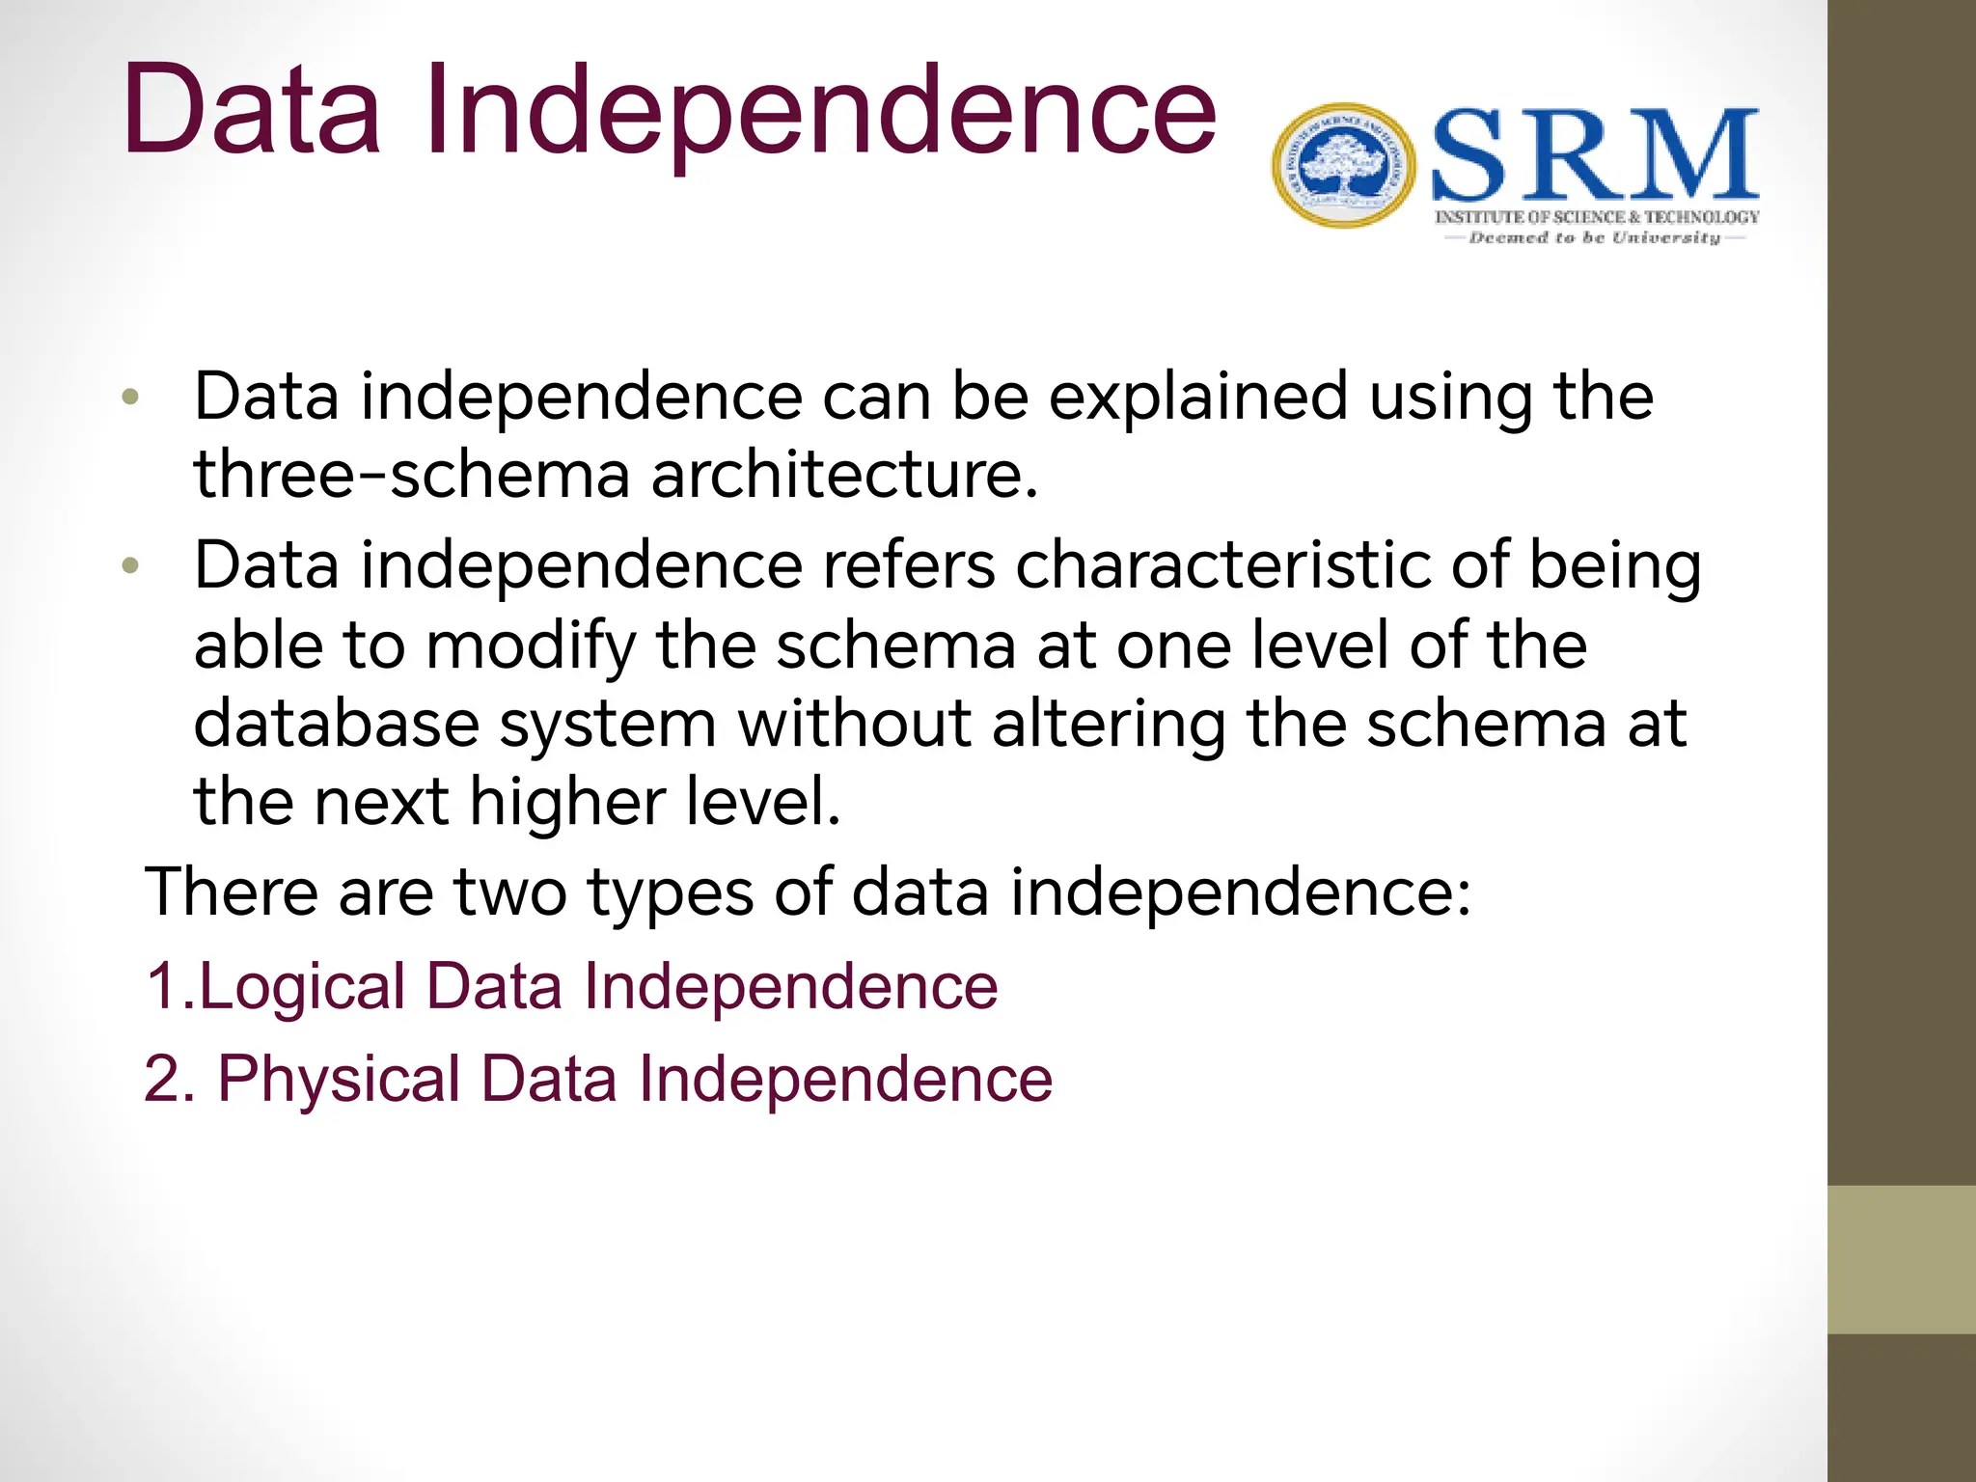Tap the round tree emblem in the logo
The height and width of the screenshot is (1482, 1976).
[1343, 165]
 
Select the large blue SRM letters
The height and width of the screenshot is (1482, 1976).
[1595, 154]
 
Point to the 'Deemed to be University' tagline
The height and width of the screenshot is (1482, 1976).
[1595, 237]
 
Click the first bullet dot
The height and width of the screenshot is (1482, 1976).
[131, 397]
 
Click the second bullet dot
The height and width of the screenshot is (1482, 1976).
[131, 565]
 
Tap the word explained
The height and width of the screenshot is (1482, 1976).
[1197, 397]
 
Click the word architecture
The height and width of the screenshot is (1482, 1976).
[844, 475]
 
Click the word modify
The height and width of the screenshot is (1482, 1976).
[531, 646]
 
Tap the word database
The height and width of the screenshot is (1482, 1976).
[337, 724]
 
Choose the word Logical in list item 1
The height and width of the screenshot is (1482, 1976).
[302, 988]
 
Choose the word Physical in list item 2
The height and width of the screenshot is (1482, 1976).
[339, 1079]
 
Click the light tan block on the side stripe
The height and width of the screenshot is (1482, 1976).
[1902, 1259]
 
